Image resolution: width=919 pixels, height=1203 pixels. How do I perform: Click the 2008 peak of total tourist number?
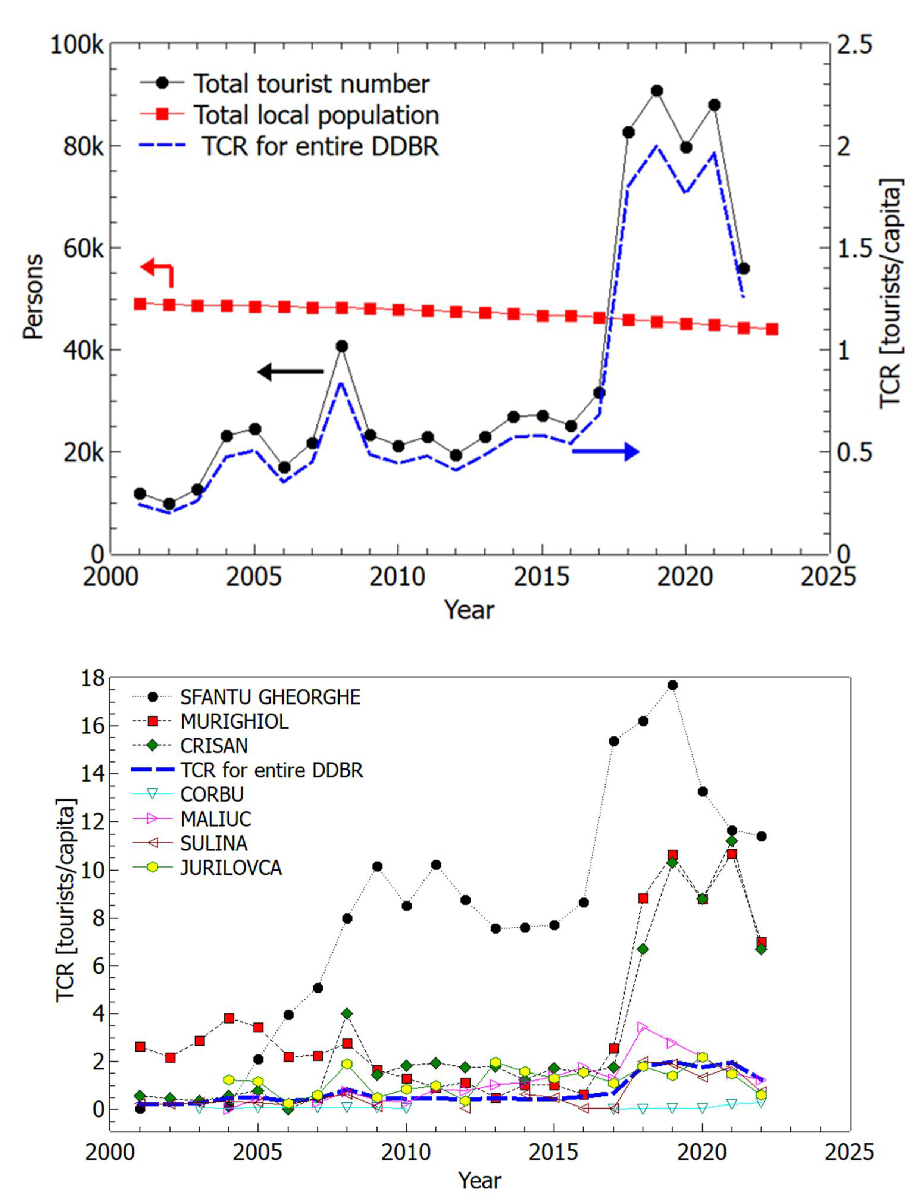click(x=342, y=346)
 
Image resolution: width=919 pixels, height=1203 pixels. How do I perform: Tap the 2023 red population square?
click(x=772, y=329)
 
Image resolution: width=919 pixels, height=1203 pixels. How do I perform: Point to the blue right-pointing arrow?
click(x=606, y=451)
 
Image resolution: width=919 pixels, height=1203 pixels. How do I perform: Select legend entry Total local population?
click(x=316, y=115)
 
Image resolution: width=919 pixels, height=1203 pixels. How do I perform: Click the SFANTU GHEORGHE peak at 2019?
click(x=673, y=685)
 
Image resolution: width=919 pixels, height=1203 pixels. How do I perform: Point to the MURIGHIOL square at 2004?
click(x=229, y=1018)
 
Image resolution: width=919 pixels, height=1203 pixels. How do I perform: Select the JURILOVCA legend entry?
click(x=231, y=868)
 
